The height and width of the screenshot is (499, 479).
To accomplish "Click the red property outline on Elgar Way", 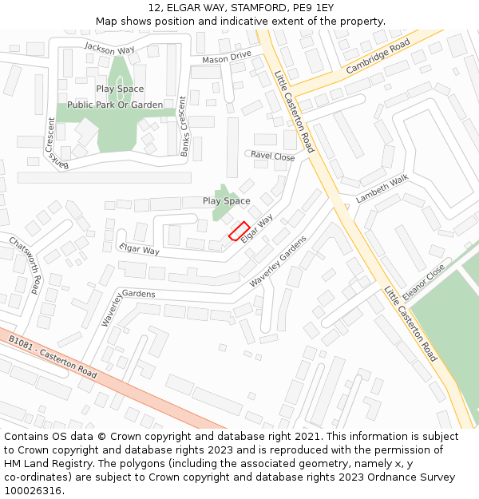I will click(239, 231).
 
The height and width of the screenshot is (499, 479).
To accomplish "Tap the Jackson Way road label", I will click(109, 49).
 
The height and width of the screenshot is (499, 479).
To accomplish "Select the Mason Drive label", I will click(227, 58).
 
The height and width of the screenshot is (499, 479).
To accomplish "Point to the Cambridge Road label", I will click(378, 57).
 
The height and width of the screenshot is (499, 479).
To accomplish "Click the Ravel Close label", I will click(273, 156).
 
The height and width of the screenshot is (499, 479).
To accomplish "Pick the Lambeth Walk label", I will click(382, 189).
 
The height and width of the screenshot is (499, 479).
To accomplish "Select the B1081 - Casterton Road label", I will click(53, 358).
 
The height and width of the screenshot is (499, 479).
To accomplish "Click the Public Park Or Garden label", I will click(115, 105).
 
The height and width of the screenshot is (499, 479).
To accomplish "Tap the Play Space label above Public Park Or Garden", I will click(120, 89).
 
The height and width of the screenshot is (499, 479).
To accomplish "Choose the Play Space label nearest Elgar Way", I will click(226, 201).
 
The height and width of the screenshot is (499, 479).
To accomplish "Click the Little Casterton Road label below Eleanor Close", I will click(410, 324).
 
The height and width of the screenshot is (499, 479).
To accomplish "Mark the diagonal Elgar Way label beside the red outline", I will click(257, 228).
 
